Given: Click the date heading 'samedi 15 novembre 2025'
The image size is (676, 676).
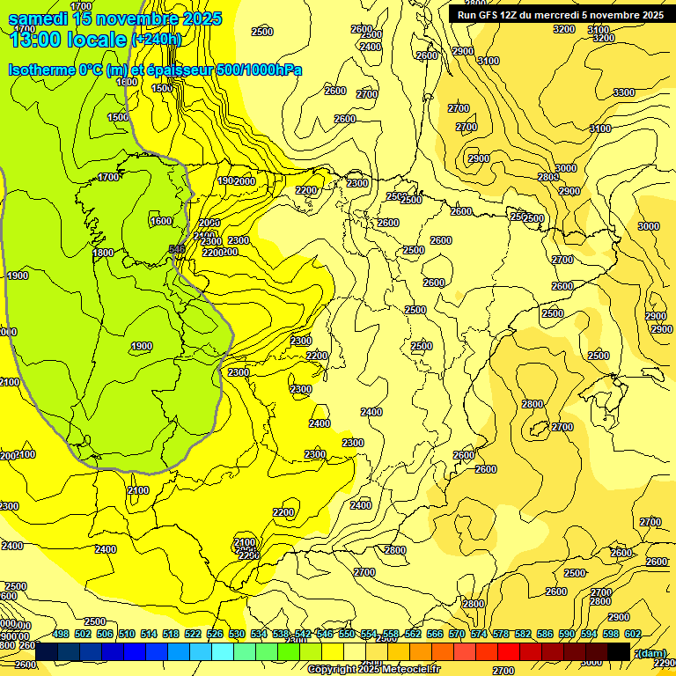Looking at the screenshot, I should [x=114, y=18].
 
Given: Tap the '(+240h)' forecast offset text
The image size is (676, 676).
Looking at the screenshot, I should [x=156, y=39].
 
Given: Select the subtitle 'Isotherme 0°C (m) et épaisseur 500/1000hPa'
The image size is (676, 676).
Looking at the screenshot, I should [x=155, y=70].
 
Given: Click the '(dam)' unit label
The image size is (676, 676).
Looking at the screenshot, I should [x=651, y=652].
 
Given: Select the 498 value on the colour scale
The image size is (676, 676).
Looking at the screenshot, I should [x=61, y=634].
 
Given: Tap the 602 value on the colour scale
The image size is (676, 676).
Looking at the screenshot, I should [x=633, y=634].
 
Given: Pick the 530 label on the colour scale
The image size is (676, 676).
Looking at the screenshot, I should [x=237, y=634].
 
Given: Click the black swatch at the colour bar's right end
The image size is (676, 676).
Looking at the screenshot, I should [x=619, y=651].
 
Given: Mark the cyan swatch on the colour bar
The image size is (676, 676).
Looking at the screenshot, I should [x=223, y=651].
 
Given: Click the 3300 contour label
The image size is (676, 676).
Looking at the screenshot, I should [x=623, y=92].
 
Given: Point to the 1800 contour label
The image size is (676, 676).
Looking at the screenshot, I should [x=103, y=253].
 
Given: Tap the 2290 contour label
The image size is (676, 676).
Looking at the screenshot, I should [x=665, y=663].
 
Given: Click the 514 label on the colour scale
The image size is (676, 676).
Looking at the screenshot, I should [x=149, y=634].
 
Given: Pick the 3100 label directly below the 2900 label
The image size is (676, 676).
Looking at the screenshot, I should [x=488, y=61].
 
